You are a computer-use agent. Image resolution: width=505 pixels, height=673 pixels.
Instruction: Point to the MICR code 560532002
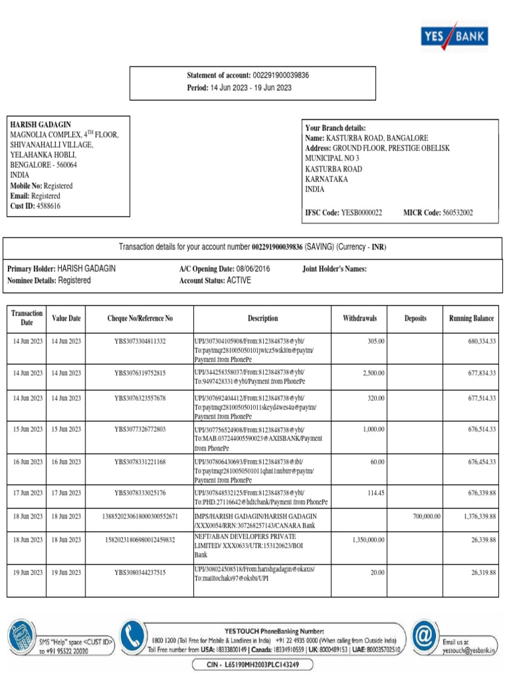[458, 213]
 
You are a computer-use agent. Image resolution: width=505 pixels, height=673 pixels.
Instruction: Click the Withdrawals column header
[360, 319]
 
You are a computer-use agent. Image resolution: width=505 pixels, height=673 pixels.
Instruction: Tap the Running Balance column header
[471, 319]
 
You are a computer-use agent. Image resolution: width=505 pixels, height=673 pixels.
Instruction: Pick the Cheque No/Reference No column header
[140, 319]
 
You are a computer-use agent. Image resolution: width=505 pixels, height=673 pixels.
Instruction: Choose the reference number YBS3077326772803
[140, 429]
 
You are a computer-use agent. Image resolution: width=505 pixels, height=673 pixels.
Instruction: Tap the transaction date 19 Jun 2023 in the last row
[27, 572]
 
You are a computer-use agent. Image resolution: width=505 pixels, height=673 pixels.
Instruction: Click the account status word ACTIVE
[239, 281]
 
